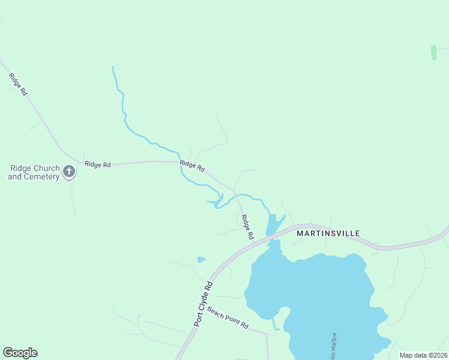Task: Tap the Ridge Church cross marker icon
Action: coord(69,172)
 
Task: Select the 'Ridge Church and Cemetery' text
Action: coord(34,172)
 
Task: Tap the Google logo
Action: coord(20,353)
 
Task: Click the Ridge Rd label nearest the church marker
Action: coord(98,164)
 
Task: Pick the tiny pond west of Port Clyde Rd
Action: coord(201,260)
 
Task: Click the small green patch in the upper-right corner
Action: coord(433,52)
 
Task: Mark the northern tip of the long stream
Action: coord(113,68)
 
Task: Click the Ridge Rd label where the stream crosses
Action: coord(192,165)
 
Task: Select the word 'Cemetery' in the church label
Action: coord(43,177)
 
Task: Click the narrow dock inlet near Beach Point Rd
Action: coord(276,324)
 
